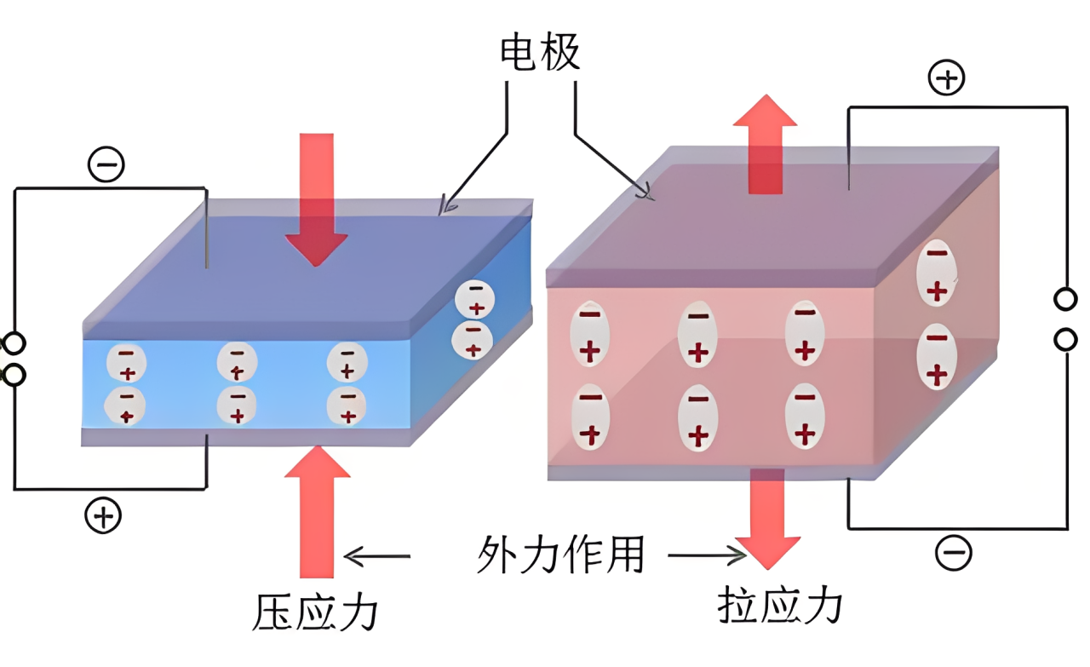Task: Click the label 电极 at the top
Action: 540,54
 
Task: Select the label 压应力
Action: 315,612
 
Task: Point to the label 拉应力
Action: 780,606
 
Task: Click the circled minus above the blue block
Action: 106,166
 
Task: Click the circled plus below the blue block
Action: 103,516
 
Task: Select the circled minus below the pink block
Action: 953,554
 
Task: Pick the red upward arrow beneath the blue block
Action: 317,511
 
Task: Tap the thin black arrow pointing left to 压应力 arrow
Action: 377,557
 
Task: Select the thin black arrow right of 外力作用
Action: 706,556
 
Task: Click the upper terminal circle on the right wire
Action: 1065,300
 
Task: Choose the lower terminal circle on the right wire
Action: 1065,340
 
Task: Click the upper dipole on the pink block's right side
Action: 937,272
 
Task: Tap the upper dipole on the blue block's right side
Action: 474,299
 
